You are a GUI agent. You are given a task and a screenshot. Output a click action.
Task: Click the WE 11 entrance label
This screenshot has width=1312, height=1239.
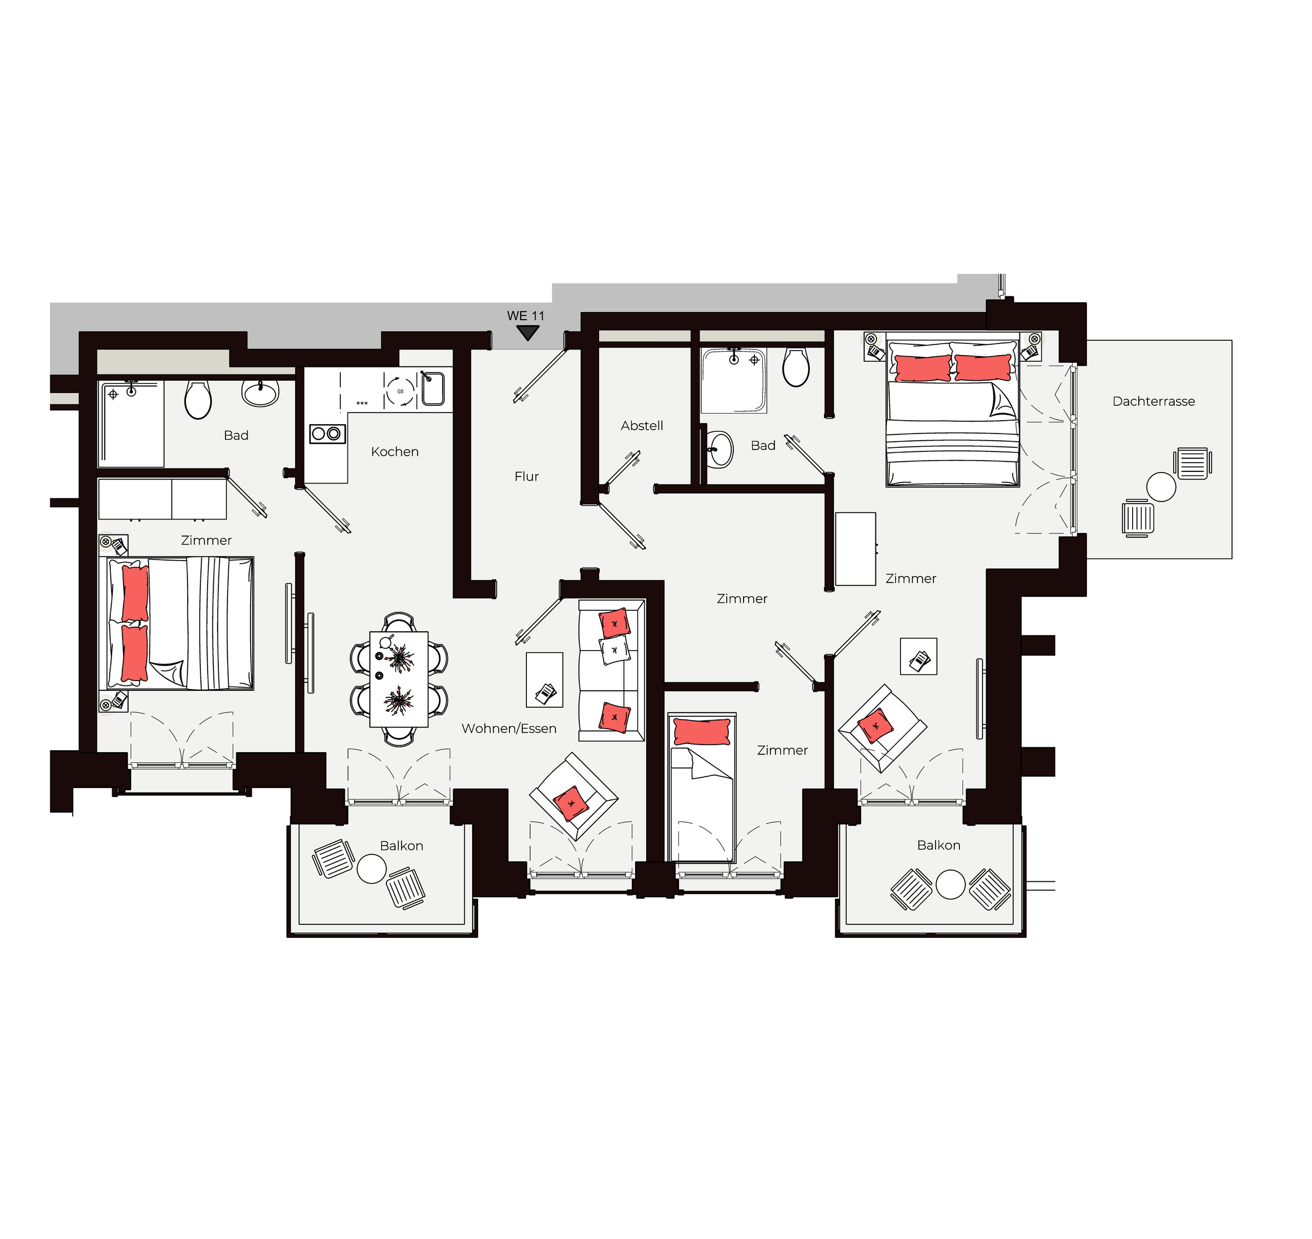[x=526, y=316]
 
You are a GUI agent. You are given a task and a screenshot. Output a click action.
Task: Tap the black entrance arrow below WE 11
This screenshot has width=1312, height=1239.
[x=527, y=333]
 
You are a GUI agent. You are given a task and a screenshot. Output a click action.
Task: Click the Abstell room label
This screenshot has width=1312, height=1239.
[x=642, y=426]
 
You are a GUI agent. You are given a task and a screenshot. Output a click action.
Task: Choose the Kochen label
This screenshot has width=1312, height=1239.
[x=395, y=452]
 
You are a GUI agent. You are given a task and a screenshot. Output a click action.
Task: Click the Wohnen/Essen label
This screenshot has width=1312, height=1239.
[x=509, y=729]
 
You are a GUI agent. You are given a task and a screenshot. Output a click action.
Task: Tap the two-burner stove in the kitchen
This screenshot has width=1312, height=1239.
[x=327, y=434]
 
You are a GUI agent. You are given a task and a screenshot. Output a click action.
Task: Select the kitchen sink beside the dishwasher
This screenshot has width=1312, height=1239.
[x=433, y=388]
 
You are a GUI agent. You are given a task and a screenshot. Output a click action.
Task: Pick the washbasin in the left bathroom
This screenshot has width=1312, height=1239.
[x=260, y=393]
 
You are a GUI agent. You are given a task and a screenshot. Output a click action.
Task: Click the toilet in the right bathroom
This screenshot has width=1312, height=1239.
[x=796, y=367]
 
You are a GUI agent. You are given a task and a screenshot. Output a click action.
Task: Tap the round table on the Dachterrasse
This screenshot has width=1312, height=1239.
[x=1161, y=487]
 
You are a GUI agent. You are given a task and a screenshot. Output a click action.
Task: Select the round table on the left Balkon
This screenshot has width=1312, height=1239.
[x=371, y=869]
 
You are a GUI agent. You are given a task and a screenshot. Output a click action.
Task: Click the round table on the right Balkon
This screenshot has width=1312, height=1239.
[x=951, y=884]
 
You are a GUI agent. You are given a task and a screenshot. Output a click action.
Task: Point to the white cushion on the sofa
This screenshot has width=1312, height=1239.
[x=614, y=651]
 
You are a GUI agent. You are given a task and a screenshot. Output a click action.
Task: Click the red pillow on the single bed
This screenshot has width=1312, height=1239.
[x=702, y=732]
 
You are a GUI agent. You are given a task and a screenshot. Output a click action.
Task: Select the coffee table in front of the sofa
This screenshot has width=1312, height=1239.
[x=544, y=679]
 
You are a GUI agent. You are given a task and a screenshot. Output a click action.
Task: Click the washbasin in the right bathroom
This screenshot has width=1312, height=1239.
[x=720, y=450]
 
